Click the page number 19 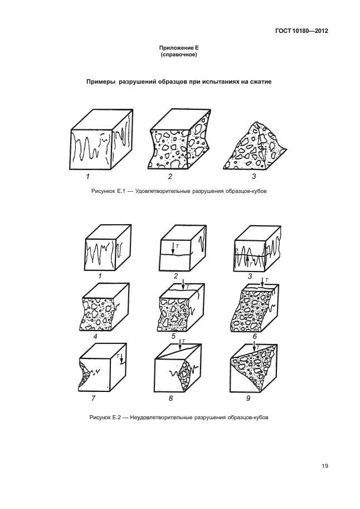[x=325, y=466]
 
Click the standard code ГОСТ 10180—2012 [x=301, y=31]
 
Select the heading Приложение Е [x=179, y=48]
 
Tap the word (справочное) [x=179, y=55]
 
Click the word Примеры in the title [x=101, y=82]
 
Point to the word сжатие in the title [x=260, y=82]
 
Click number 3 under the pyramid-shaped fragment [x=254, y=176]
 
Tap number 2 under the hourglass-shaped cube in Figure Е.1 [x=170, y=176]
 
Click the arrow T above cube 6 [x=262, y=282]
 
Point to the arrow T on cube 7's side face [x=121, y=359]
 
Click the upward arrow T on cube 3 [x=247, y=261]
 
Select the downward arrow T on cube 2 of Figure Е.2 [x=173, y=248]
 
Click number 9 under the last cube [x=248, y=398]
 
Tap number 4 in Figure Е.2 [x=95, y=336]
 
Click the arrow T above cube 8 [x=179, y=345]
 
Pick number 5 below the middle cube [x=173, y=336]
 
